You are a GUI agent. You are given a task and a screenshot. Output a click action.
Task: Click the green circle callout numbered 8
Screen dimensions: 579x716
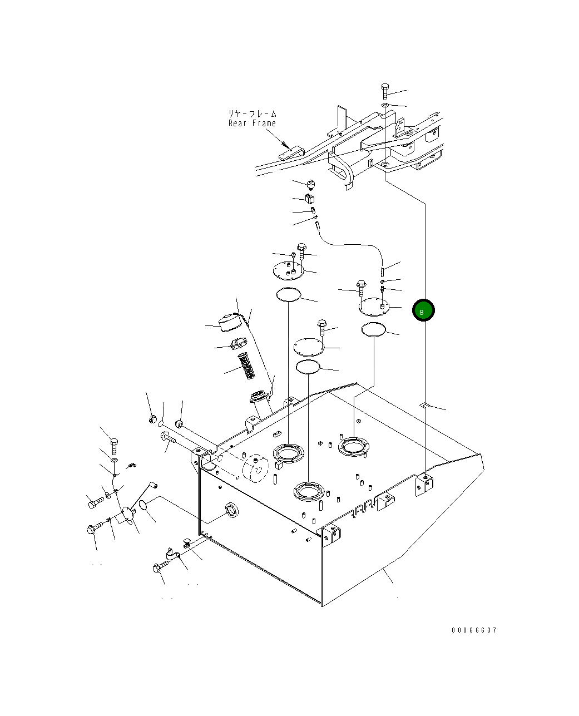click(x=423, y=310)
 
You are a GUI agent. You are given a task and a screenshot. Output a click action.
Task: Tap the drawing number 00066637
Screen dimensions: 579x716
click(x=474, y=630)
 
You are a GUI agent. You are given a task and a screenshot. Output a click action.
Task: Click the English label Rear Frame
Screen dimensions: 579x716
click(x=252, y=124)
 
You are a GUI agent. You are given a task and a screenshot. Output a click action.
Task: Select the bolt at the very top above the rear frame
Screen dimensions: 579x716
click(x=385, y=91)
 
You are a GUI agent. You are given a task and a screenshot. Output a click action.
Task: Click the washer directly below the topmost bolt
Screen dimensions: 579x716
click(x=385, y=106)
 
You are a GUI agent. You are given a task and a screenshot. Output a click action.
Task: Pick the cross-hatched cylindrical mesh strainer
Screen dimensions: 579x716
click(x=246, y=366)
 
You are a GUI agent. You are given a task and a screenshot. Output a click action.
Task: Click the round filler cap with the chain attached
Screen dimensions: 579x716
click(x=230, y=323)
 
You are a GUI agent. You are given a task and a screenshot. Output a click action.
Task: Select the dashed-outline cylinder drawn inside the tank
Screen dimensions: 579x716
click(x=256, y=469)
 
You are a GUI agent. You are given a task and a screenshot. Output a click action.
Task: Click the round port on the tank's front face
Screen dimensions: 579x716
click(x=232, y=510)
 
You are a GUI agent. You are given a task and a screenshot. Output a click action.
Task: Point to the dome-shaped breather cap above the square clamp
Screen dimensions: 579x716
click(x=311, y=185)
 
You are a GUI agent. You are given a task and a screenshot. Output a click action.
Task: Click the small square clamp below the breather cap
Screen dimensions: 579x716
click(x=309, y=199)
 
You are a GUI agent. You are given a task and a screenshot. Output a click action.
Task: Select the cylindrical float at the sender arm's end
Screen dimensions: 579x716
click(x=154, y=486)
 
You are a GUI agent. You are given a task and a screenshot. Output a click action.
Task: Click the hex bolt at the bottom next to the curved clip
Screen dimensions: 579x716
click(x=161, y=567)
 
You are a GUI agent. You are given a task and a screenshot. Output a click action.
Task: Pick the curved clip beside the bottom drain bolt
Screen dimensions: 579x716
click(x=173, y=554)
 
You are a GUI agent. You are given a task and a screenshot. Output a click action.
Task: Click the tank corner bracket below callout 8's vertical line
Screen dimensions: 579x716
click(x=424, y=485)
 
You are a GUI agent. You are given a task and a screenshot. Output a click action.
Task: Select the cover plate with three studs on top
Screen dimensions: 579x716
click(x=288, y=270)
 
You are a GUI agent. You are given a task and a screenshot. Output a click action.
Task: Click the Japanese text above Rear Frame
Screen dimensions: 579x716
click(x=253, y=113)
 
